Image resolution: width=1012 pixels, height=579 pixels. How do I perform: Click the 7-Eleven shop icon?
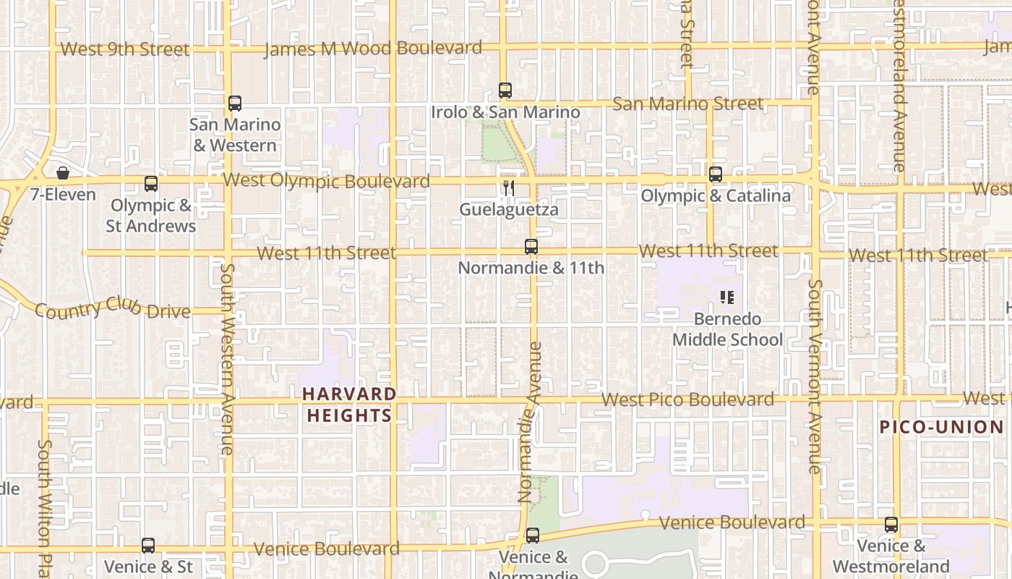[x=63, y=174]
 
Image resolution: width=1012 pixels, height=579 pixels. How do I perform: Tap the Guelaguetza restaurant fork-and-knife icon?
[x=509, y=188]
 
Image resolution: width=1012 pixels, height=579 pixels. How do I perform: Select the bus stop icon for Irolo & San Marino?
[x=505, y=91]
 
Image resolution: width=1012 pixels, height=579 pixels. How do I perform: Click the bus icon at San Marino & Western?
[x=235, y=103]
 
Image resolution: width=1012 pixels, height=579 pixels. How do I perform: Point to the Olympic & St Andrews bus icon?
[x=151, y=184]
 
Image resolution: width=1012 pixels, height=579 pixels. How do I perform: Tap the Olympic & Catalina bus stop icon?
[x=716, y=174]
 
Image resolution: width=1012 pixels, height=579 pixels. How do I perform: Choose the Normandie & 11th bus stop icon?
[x=531, y=247]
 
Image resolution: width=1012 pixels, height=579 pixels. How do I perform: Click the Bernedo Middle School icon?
[x=727, y=297]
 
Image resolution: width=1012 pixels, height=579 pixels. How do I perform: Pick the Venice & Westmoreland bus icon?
[x=891, y=525]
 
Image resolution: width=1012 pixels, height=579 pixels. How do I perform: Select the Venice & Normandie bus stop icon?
[x=533, y=536]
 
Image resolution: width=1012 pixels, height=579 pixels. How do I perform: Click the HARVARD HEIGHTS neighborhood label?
[x=350, y=405]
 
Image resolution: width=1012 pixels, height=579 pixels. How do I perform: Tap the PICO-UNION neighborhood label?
[x=941, y=427]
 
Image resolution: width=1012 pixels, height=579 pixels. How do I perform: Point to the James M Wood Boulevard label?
[x=373, y=49]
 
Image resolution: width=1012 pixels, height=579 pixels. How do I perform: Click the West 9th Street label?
[x=124, y=49]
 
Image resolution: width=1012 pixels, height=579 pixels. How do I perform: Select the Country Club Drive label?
[x=113, y=308]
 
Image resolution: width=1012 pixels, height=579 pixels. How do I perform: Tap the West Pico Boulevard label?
[x=687, y=400]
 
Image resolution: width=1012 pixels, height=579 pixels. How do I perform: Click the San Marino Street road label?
[x=687, y=104]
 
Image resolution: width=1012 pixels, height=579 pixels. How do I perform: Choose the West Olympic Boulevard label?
[x=327, y=180]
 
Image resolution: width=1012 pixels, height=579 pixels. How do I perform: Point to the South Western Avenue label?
[x=226, y=359]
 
